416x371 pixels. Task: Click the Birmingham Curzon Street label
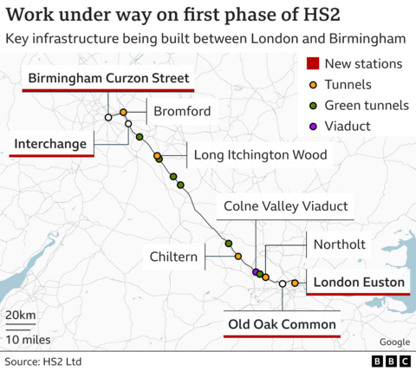(x=107, y=80)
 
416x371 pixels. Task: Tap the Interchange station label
(x=51, y=141)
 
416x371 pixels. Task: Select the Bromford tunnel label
(x=182, y=112)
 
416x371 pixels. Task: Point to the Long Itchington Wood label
(x=260, y=155)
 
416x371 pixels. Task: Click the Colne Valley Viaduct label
(x=285, y=206)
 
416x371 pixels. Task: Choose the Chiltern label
(x=172, y=257)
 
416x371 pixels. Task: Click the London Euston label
(x=359, y=283)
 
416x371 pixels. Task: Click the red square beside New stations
(x=315, y=63)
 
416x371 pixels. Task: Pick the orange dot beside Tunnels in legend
(x=315, y=84)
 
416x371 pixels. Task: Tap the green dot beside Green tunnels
(x=315, y=105)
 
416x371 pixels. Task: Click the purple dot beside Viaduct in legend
(x=315, y=127)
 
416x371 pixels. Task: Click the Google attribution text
(x=393, y=342)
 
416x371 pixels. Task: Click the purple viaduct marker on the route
(x=255, y=272)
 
